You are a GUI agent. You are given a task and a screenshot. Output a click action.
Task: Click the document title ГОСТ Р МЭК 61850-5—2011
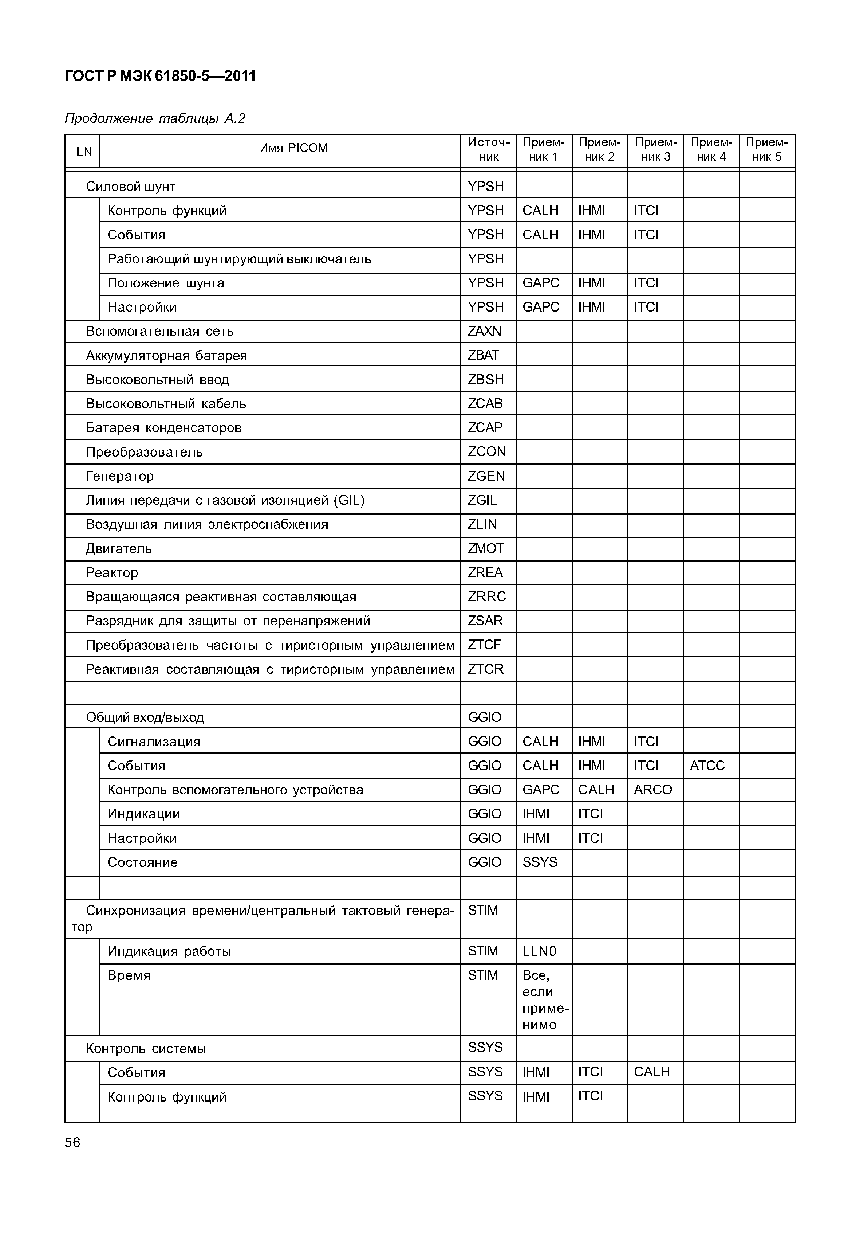pos(160,76)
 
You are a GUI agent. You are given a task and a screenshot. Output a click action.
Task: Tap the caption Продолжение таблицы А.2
pos(155,118)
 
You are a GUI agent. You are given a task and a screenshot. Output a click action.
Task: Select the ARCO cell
pos(652,790)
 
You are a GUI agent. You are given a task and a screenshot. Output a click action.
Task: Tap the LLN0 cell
pos(539,951)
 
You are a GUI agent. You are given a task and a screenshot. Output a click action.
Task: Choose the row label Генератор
pos(120,476)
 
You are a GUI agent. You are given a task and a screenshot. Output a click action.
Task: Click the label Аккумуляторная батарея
pos(166,355)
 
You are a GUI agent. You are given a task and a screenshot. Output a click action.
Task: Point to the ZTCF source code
pos(484,645)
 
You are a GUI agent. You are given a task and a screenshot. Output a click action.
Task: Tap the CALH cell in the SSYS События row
pos(651,1072)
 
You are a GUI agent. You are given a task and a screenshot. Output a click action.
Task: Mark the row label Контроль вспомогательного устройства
pos(235,790)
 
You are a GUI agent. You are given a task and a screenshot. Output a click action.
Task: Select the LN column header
pos(84,152)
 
